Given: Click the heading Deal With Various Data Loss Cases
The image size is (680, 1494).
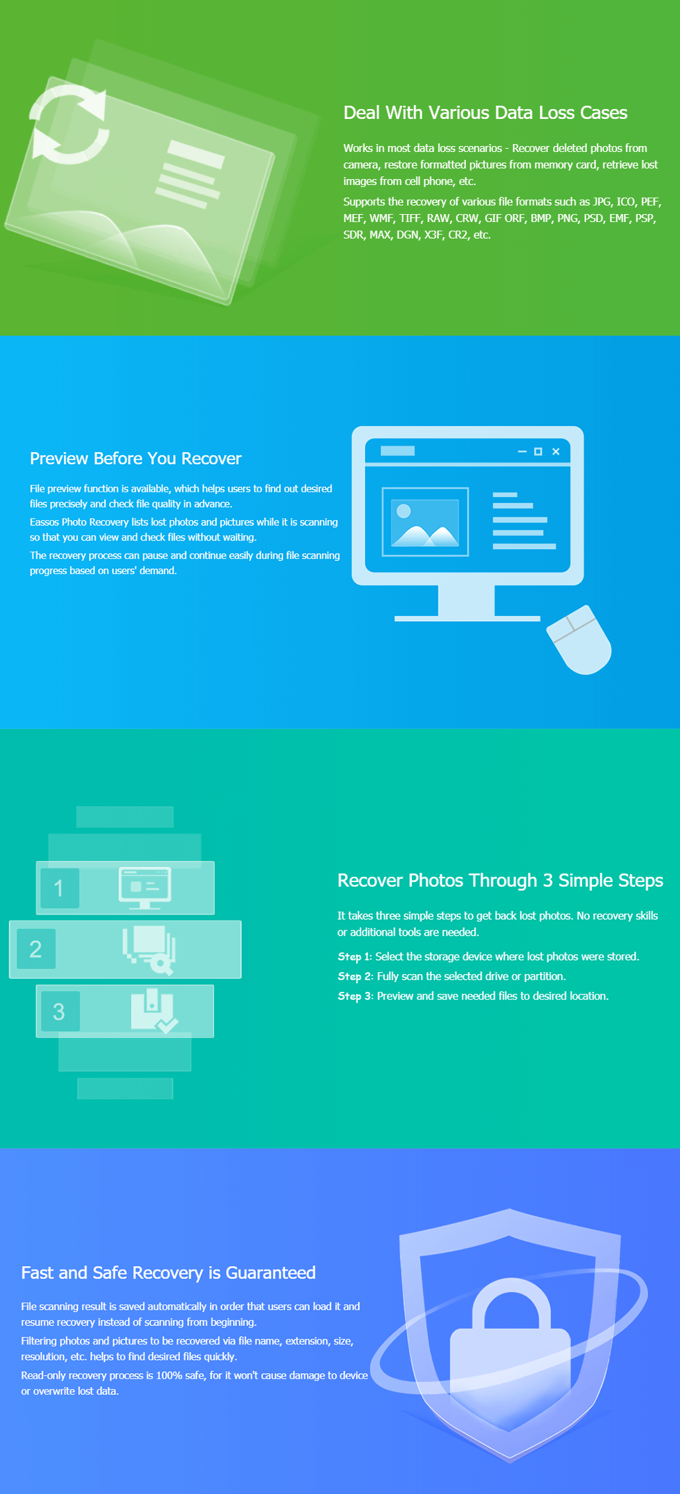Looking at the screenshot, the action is tap(485, 113).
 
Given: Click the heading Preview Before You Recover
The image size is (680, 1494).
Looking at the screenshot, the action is tap(135, 459).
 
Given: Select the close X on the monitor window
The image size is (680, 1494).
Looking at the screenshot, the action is tap(556, 451).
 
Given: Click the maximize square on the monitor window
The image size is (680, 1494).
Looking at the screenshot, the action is tap(538, 451).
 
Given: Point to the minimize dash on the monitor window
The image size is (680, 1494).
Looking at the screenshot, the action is tap(522, 451).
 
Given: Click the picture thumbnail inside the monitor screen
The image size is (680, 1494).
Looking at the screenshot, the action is tap(426, 522).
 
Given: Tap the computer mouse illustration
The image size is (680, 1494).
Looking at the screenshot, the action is tap(580, 640).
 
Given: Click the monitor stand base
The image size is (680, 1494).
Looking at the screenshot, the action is tap(467, 618).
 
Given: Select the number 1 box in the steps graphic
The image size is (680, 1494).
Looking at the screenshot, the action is tap(59, 888).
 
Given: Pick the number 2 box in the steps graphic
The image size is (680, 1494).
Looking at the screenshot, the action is tap(36, 949).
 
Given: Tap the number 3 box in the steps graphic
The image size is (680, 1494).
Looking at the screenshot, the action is tap(59, 1011).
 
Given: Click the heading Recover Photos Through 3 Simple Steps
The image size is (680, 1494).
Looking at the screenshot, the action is tap(500, 881).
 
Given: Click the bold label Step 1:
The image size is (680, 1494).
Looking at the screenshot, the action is tap(355, 957).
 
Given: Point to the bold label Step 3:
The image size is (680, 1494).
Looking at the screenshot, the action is tap(356, 996).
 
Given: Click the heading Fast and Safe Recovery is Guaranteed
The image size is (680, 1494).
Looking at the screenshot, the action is tap(169, 1273).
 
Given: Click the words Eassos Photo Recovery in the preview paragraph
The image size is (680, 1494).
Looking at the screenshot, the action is tap(79, 522).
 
